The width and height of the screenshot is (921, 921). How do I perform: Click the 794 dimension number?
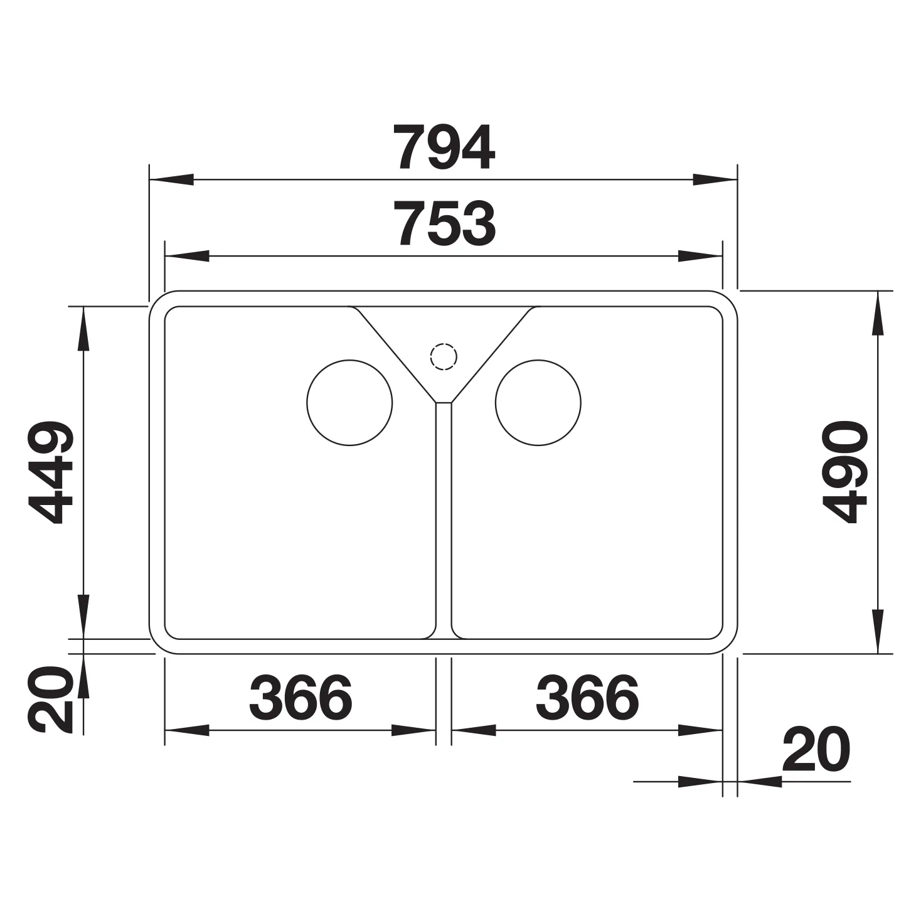click(x=447, y=147)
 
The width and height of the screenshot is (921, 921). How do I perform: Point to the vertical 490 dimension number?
click(x=844, y=472)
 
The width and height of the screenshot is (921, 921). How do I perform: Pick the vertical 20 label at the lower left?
click(x=51, y=700)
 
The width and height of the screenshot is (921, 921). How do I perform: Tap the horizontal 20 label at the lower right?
click(x=816, y=749)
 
